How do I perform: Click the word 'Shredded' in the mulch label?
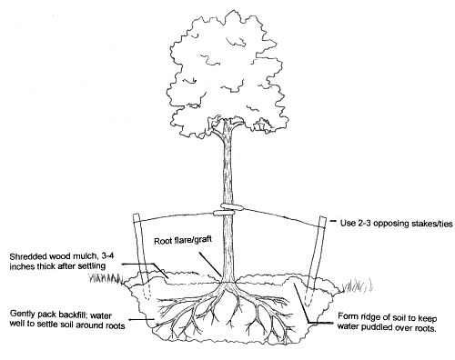point(26,255)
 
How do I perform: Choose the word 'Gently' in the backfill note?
point(22,311)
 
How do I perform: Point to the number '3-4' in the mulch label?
point(106,255)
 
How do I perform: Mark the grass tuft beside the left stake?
point(114,279)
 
